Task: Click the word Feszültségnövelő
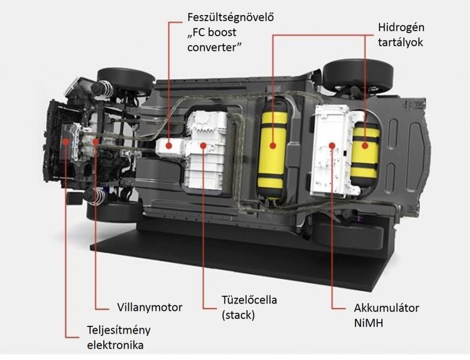tap(230, 18)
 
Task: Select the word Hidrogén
tap(401, 28)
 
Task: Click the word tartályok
tap(400, 42)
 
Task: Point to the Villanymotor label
tap(150, 307)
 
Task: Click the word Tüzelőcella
tap(249, 300)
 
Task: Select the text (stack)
tap(239, 315)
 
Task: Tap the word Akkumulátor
tap(386, 308)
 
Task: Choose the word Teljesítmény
tap(119, 330)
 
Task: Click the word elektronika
tap(115, 345)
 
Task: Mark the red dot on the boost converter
tap(169, 146)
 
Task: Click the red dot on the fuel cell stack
tap(203, 146)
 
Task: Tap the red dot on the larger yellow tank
tap(272, 146)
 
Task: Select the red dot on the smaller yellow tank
tap(364, 146)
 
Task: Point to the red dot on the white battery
tap(332, 146)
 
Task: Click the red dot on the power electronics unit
tap(65, 141)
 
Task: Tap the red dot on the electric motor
tap(95, 141)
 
